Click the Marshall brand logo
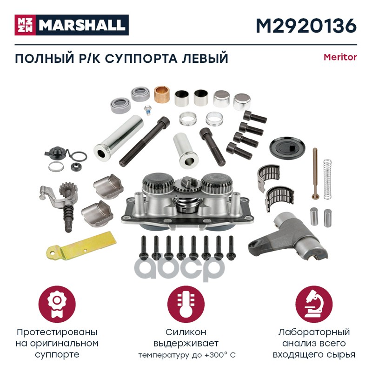tap(72, 25)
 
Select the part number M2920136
tap(306, 26)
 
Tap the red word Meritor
tap(340, 57)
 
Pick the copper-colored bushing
tap(162, 94)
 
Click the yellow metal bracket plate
tap(81, 245)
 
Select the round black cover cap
tap(287, 147)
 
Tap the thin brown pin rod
tap(315, 173)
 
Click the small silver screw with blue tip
tap(147, 110)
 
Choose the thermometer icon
tap(186, 305)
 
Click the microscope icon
tap(314, 305)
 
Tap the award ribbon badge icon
tap(57, 305)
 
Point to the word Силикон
tap(186, 332)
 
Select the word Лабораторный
tap(314, 332)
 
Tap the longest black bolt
tap(145, 141)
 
